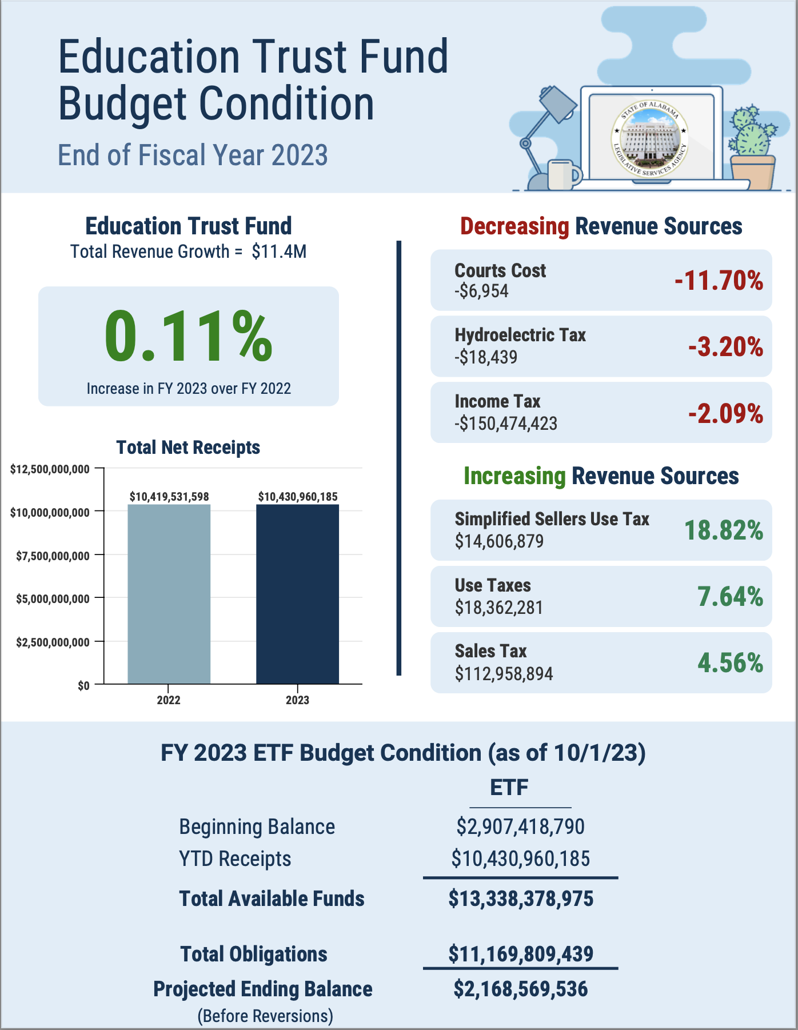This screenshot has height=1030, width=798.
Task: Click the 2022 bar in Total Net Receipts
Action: (169, 594)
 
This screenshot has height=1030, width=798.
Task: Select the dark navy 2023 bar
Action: (297, 594)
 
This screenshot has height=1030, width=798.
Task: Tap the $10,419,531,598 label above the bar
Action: (169, 496)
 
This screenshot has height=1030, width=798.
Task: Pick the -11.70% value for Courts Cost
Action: (719, 281)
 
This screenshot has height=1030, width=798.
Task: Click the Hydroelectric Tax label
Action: (520, 335)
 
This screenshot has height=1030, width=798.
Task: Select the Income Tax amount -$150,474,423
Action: (506, 424)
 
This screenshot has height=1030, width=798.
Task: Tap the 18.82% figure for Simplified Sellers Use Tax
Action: (724, 530)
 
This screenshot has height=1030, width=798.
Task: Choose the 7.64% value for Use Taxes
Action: (730, 597)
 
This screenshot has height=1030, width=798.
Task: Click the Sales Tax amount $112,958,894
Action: (504, 674)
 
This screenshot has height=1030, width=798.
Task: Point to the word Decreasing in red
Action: (514, 227)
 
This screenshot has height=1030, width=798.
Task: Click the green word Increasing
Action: (514, 476)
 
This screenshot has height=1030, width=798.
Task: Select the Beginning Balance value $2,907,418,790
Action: (520, 827)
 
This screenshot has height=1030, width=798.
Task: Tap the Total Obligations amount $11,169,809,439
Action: (521, 954)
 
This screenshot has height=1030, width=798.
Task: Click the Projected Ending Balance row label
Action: (263, 989)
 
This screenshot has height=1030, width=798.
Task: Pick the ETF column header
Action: (509, 788)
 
